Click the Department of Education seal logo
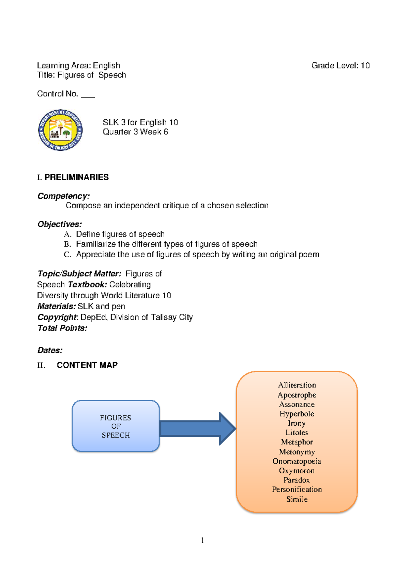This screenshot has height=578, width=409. click(x=60, y=130)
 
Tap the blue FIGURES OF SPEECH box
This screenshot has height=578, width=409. click(x=116, y=426)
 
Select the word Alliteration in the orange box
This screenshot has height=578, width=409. click(x=297, y=385)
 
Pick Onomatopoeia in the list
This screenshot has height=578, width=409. click(x=297, y=461)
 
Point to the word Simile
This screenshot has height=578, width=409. click(x=297, y=499)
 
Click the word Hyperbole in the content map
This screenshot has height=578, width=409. click(x=297, y=414)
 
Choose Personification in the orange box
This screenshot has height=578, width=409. click(x=297, y=489)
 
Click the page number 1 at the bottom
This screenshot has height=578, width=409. click(x=202, y=540)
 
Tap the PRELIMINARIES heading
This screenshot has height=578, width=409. click(x=76, y=177)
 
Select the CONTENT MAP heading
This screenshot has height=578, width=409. click(x=87, y=365)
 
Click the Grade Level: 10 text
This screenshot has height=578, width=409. click(x=340, y=65)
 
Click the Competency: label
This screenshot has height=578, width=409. click(x=63, y=196)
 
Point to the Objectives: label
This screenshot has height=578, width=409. click(x=60, y=224)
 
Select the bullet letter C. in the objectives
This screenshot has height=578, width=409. click(x=67, y=255)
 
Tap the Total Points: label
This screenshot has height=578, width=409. click(x=62, y=328)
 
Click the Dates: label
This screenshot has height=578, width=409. click(x=50, y=350)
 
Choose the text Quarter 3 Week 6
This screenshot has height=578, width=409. click(x=135, y=132)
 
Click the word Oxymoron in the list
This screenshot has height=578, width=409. click(x=297, y=471)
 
